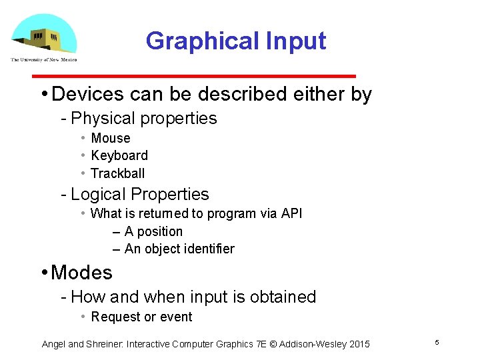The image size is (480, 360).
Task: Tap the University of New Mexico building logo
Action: tap(44, 37)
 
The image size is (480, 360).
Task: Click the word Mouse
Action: tap(111, 138)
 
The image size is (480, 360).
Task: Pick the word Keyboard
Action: tap(119, 155)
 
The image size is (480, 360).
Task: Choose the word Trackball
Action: tap(117, 173)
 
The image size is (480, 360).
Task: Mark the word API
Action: tap(291, 213)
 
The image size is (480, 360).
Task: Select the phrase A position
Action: tap(153, 231)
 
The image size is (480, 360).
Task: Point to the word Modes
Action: tap(81, 273)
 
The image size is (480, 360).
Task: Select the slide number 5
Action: tap(437, 342)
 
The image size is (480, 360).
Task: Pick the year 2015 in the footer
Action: tap(357, 344)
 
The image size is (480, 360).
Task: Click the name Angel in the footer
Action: tap(54, 344)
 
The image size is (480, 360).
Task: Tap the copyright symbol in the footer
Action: tap(273, 344)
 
